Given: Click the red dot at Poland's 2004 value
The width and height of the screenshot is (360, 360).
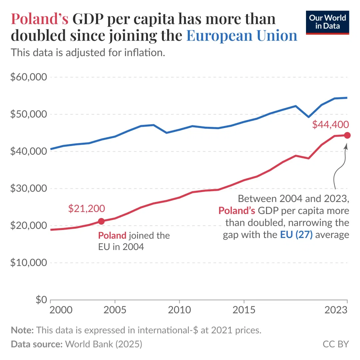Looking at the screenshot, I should (x=101, y=221).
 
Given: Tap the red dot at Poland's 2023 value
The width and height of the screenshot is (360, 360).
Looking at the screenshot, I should (x=347, y=135).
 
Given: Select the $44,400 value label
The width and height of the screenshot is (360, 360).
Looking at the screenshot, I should (x=330, y=124).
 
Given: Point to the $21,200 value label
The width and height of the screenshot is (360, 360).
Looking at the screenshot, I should (x=86, y=209).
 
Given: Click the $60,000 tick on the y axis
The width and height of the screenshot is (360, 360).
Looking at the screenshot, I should (x=28, y=77).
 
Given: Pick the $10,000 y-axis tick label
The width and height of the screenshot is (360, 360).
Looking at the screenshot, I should (x=28, y=263).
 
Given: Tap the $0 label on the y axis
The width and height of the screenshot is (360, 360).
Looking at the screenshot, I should (x=37, y=300).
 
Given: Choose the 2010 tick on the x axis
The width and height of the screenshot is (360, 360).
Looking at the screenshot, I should (x=179, y=310).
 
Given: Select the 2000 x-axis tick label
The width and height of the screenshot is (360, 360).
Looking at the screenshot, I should (x=61, y=310).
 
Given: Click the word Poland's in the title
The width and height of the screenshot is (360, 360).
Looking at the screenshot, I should (x=40, y=19).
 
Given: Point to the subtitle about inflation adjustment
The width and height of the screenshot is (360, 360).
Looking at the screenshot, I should (x=88, y=53).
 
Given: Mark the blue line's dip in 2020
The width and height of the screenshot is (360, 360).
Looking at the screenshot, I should (x=309, y=117).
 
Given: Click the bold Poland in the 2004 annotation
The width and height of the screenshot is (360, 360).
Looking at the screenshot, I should (x=112, y=236).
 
